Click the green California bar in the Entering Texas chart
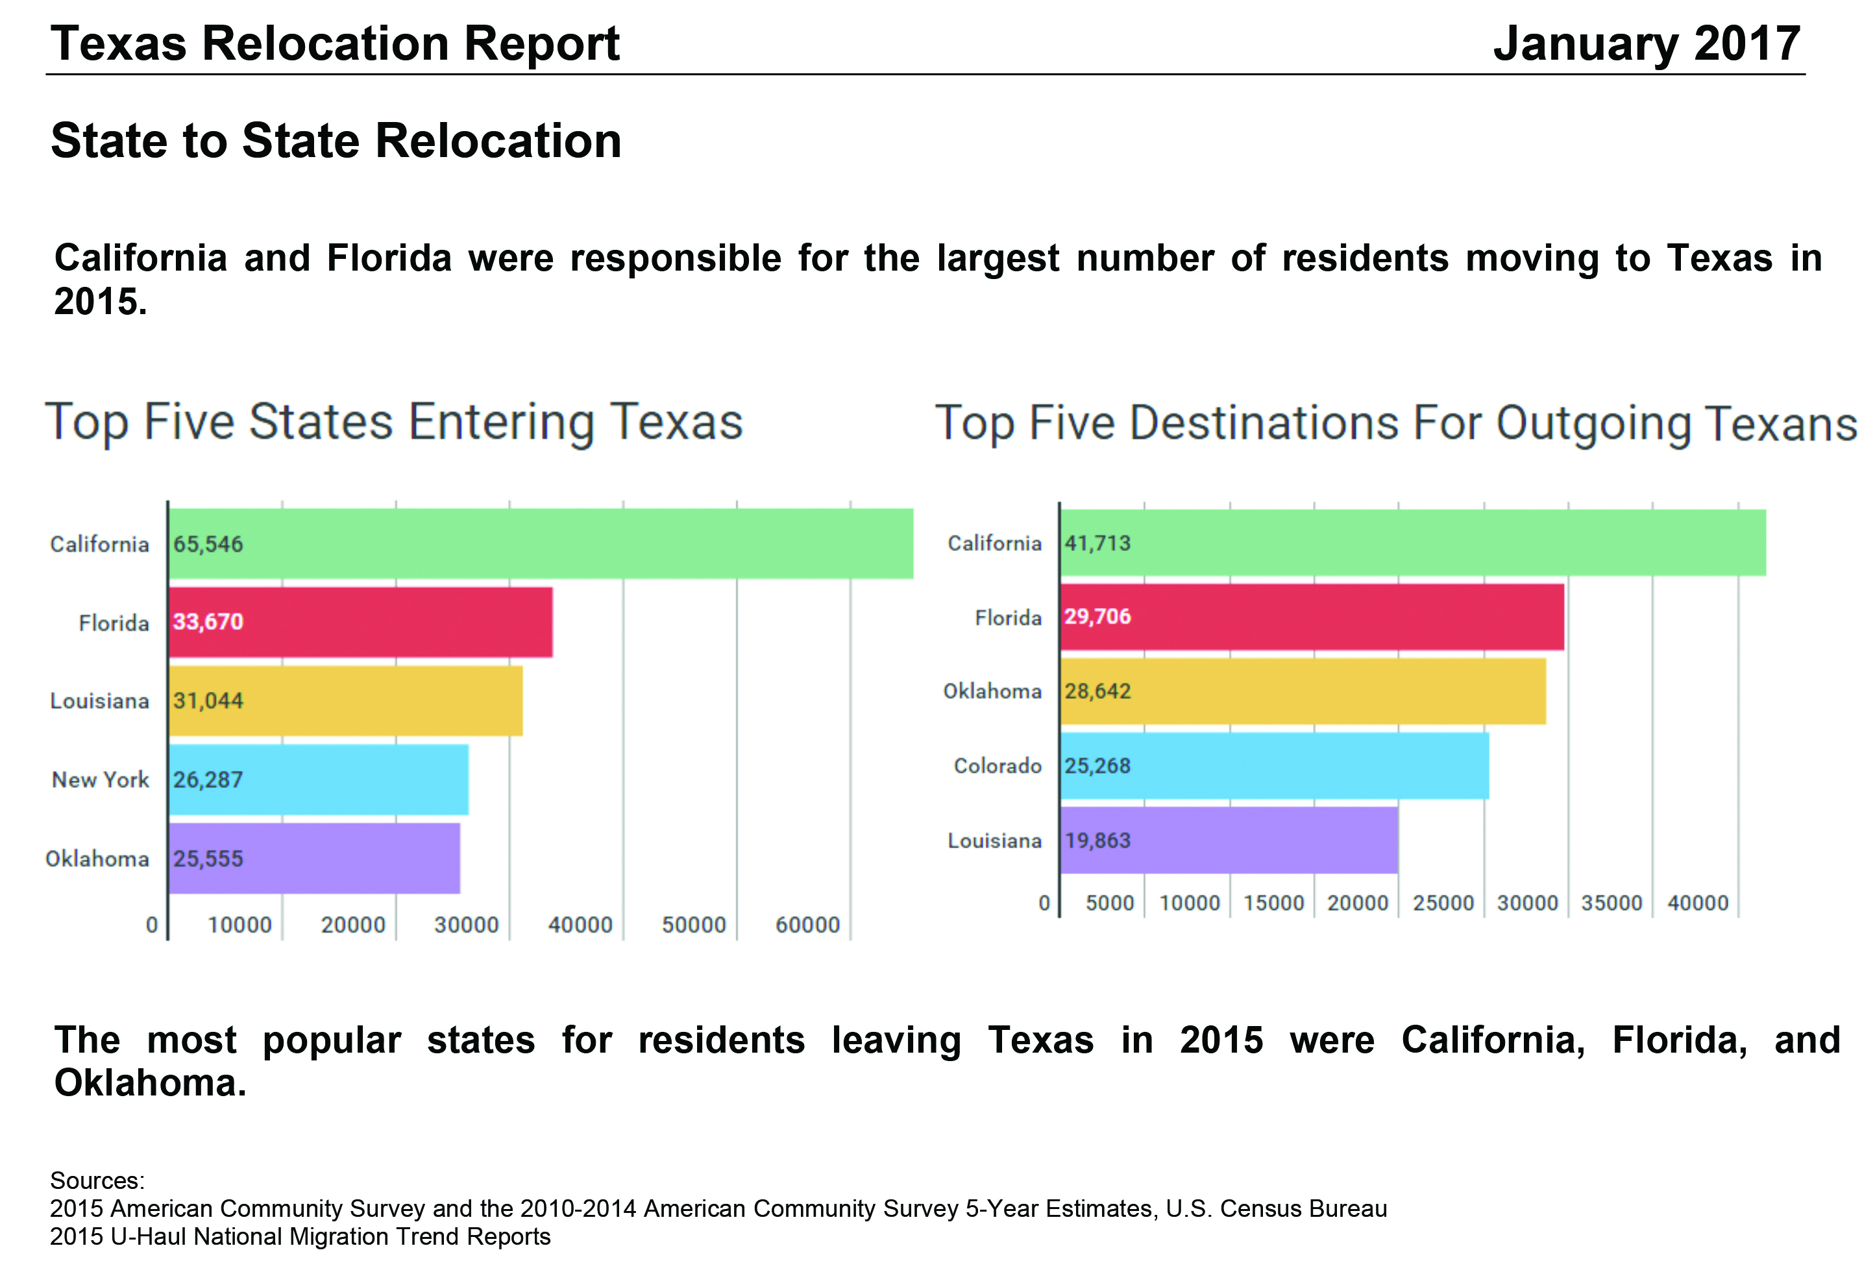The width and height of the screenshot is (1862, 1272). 541,543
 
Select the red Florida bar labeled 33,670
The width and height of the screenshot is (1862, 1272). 361,622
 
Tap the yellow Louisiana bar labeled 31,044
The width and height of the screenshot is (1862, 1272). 345,700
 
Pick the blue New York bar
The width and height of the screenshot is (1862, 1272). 318,779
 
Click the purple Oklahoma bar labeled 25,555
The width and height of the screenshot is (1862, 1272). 314,858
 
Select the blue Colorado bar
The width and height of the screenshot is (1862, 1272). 1274,765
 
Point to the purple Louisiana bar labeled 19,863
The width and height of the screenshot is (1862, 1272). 1229,840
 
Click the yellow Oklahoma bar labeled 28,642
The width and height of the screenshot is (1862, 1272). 1302,691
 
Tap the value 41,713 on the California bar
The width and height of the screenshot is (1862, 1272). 1097,543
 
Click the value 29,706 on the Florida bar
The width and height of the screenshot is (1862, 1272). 1097,616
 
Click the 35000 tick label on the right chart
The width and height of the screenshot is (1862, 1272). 1611,903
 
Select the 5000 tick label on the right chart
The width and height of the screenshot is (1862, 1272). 1109,903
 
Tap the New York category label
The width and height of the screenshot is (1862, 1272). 100,779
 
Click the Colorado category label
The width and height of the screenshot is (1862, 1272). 997,766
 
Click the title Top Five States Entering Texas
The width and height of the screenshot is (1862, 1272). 393,422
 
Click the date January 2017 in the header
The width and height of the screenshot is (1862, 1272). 1647,43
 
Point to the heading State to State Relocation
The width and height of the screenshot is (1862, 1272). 336,141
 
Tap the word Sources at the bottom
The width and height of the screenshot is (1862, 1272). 97,1180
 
